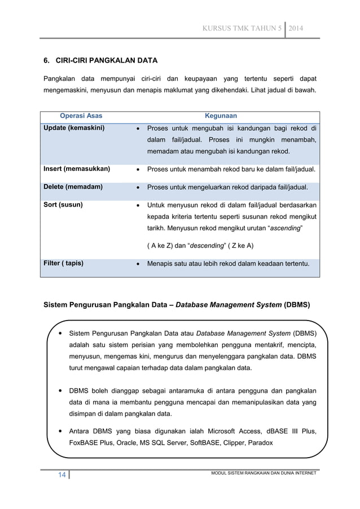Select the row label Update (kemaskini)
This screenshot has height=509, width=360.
tap(74, 128)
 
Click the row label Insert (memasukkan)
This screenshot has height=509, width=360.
tap(77, 169)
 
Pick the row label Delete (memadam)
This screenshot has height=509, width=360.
tap(73, 187)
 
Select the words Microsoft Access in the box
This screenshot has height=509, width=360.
tap(230, 432)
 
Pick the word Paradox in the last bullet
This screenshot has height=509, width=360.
tap(259, 442)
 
